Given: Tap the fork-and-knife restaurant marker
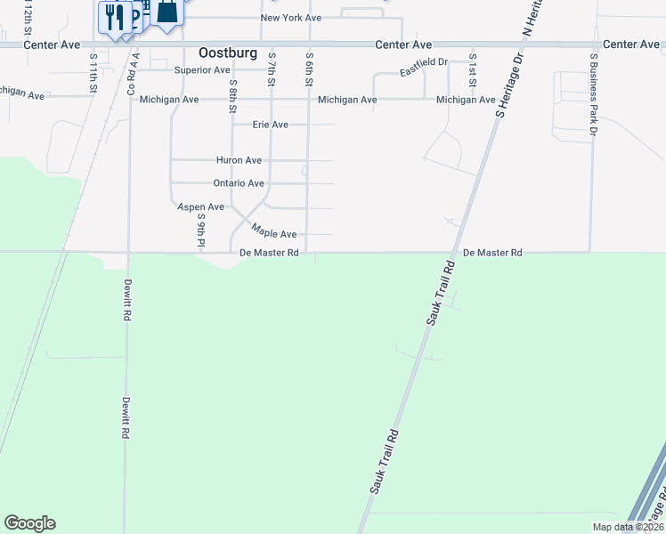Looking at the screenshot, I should [x=114, y=17].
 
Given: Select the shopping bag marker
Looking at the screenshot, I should [x=166, y=12].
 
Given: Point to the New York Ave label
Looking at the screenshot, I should [x=290, y=18].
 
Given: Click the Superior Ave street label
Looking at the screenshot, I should [x=202, y=69].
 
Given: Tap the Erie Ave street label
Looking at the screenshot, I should [x=271, y=125].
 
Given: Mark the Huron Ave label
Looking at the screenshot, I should [x=239, y=160].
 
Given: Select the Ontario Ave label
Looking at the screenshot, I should [x=239, y=183].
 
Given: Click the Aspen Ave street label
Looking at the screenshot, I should [x=200, y=206].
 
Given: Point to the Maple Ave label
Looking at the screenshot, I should [x=273, y=231].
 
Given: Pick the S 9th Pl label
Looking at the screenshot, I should [x=202, y=229].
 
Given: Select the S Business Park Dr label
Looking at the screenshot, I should [x=593, y=93].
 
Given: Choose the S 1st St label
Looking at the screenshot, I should [x=473, y=69].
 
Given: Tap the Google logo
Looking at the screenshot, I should [x=29, y=523].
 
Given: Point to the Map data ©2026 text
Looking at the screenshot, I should [x=627, y=527].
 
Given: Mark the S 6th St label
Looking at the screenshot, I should [x=309, y=69].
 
